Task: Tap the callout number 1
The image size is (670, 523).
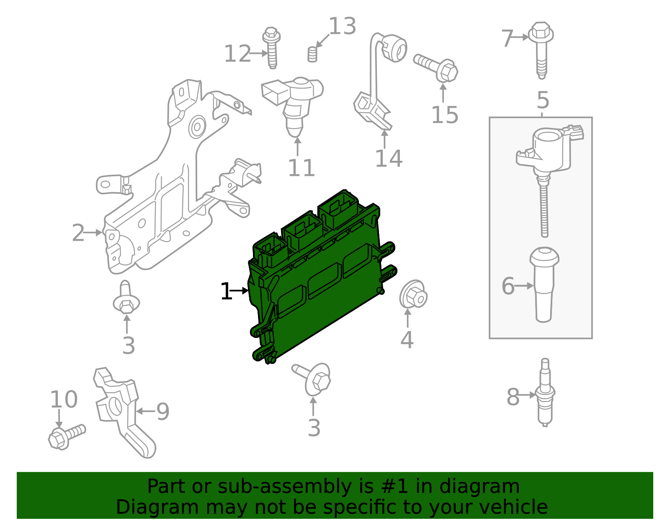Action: tap(226, 291)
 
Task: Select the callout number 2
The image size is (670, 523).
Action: tap(78, 233)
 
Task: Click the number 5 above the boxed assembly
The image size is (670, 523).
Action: tap(543, 100)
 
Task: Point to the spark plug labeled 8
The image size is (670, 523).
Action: tap(545, 392)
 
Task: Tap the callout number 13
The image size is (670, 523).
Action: tap(343, 26)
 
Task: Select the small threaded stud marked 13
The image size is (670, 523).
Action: tap(312, 54)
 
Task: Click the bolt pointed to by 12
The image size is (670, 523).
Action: tap(271, 48)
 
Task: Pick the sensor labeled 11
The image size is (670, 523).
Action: tap(293, 105)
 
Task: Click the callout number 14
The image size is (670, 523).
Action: tap(389, 158)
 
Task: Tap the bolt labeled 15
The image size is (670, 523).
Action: tap(435, 68)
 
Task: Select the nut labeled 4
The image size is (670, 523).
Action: tap(413, 294)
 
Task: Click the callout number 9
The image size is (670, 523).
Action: tap(163, 412)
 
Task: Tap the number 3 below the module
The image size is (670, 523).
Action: tap(314, 428)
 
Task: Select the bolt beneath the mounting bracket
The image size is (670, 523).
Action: tap(126, 297)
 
